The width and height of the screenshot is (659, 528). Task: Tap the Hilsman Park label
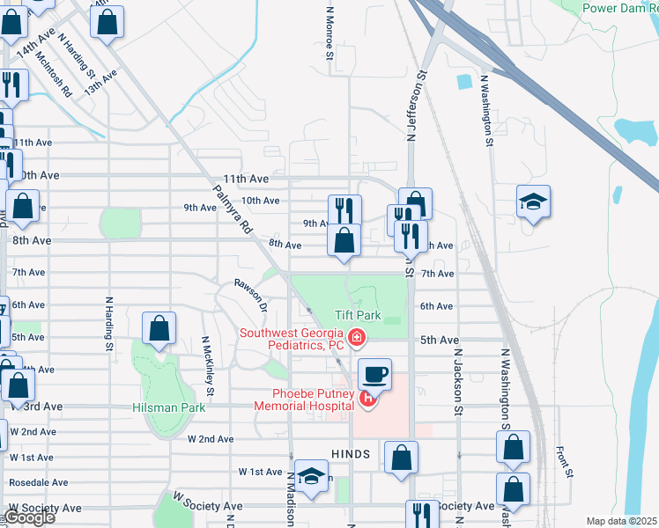pyautogui.click(x=168, y=407)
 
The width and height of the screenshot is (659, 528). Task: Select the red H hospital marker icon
pyautogui.click(x=369, y=400)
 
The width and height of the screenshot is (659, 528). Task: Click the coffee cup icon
pyautogui.click(x=374, y=374)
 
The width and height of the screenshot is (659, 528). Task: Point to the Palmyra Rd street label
pyautogui.click(x=233, y=209)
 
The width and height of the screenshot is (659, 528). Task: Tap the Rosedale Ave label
pyautogui.click(x=38, y=482)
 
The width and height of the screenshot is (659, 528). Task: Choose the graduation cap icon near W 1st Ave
pyautogui.click(x=310, y=475)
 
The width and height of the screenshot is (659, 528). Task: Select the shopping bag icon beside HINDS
pyautogui.click(x=401, y=457)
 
